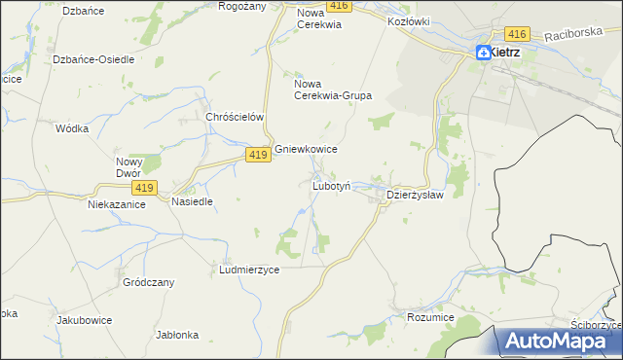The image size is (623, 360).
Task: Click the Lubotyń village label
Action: (x=337, y=185)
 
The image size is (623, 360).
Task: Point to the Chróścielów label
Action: (x=236, y=117)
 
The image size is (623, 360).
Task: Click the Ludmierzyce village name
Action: (x=250, y=270)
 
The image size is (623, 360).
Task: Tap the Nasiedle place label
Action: (x=192, y=201)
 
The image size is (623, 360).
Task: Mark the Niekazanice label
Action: (x=117, y=205)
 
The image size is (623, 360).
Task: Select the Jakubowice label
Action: (x=85, y=320)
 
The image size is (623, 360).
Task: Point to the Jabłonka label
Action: (x=177, y=335)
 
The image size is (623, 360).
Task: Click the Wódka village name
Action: (x=73, y=128)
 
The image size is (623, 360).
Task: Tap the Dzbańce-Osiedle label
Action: (x=93, y=59)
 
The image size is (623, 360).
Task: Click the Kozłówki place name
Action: (x=409, y=20)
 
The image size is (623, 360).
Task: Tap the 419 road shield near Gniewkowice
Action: (x=257, y=156)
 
